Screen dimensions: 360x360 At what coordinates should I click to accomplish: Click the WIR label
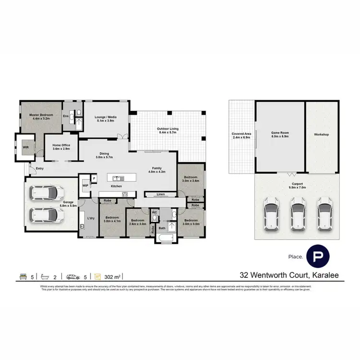(x=23, y=143)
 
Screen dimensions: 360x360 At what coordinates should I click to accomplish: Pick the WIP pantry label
(x=85, y=185)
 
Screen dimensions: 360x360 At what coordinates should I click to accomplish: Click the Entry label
(x=39, y=168)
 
